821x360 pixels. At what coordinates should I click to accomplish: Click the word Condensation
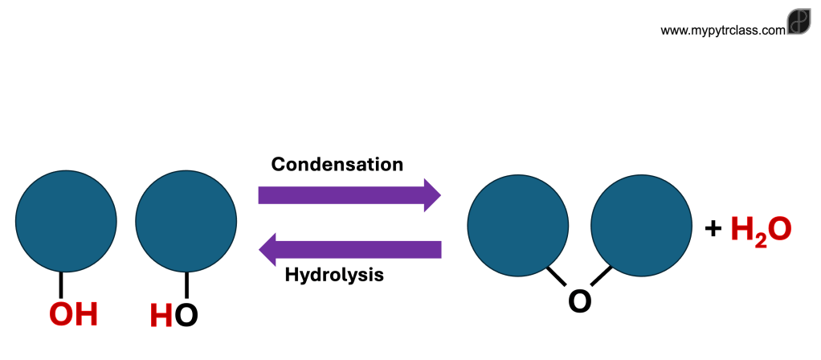(337, 165)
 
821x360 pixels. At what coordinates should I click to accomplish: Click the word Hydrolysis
(334, 275)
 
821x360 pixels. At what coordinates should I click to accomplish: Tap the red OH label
(73, 314)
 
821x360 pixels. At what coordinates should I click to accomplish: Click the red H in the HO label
(161, 315)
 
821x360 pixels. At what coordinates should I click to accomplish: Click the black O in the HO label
(186, 315)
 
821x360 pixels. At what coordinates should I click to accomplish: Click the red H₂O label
(761, 230)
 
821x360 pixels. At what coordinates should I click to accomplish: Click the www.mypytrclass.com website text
(722, 31)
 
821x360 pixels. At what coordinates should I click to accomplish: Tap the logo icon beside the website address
(799, 22)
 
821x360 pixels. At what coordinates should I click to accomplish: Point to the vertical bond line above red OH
(61, 284)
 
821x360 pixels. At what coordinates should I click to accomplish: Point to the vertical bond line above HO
(186, 284)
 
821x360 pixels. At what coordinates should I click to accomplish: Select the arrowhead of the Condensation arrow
(431, 194)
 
